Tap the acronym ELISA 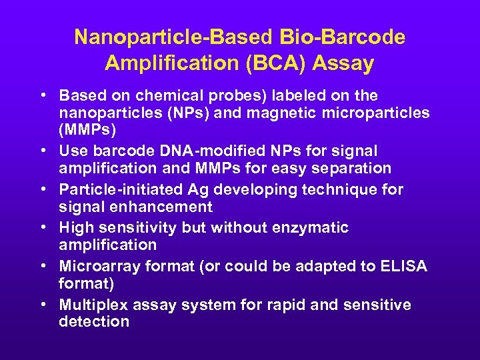click(x=403, y=267)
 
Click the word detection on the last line click(x=94, y=322)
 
